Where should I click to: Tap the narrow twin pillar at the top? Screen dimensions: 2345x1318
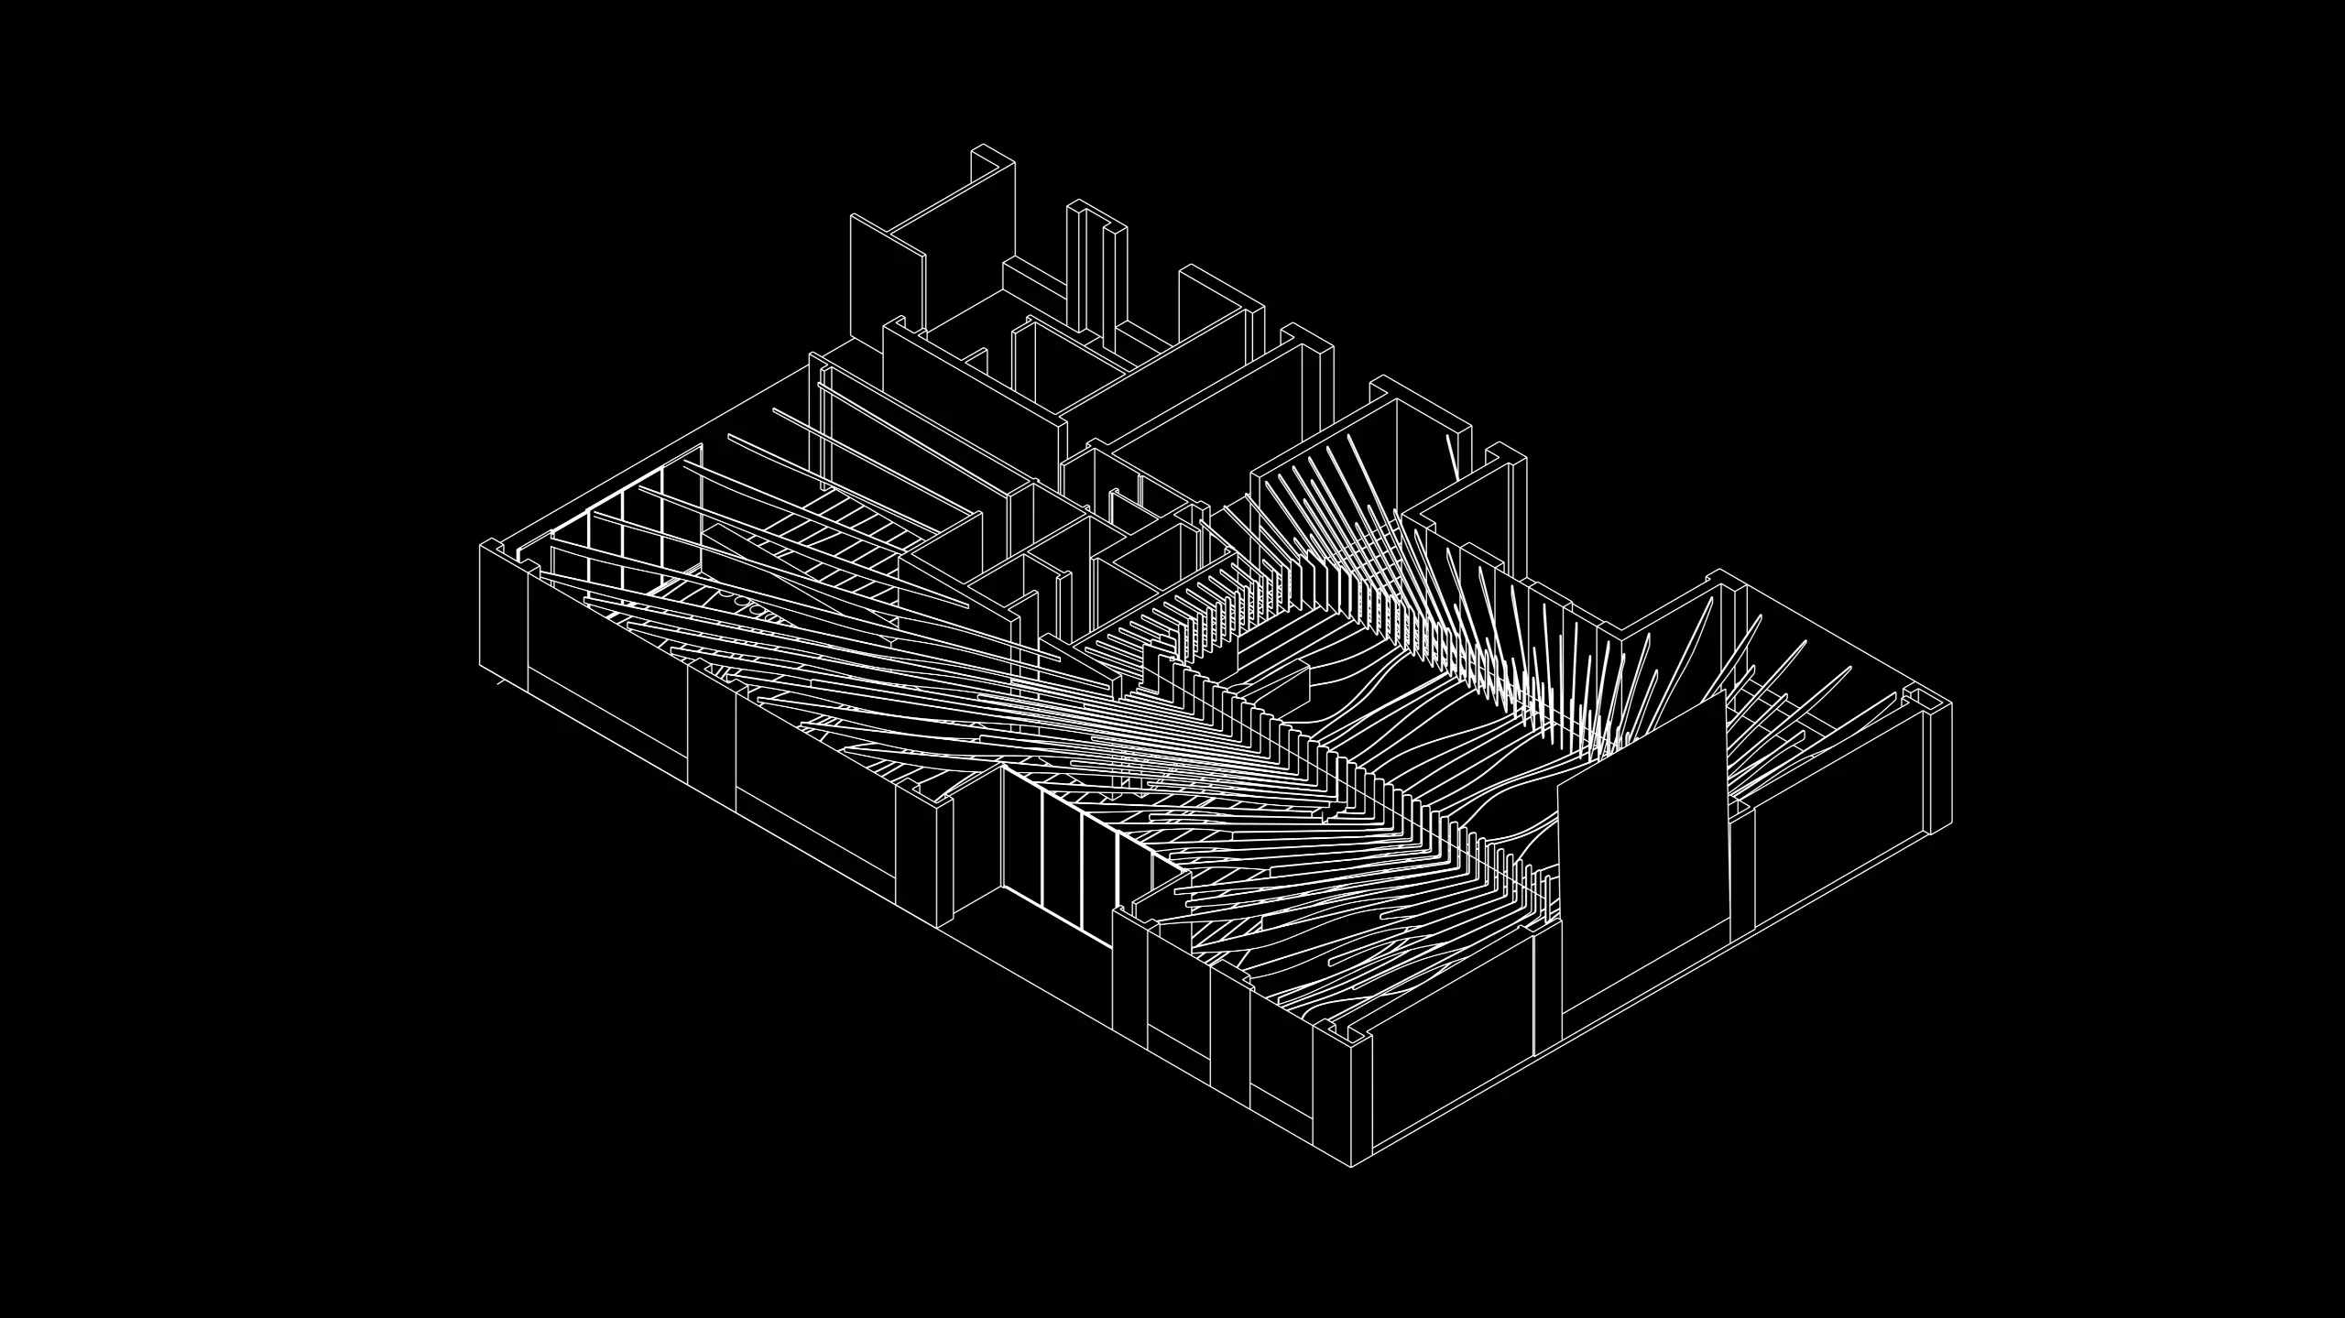[x=1096, y=275]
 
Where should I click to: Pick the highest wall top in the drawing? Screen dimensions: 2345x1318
[x=994, y=156]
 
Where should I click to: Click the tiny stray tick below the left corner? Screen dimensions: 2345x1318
[x=498, y=682]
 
